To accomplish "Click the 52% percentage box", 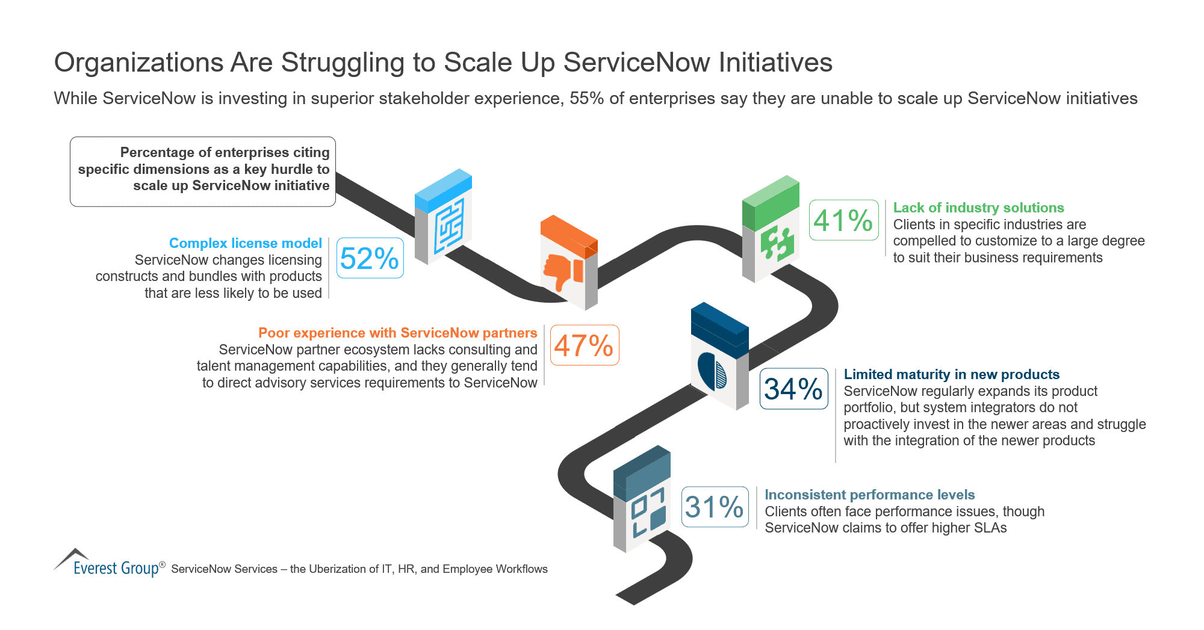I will [370, 258].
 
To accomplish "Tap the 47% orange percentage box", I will [584, 345].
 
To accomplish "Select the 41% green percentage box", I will [843, 220].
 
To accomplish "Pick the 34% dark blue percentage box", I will [793, 389].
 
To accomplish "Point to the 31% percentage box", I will [715, 507].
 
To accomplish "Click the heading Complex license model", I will [245, 243].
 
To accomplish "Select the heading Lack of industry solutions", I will [978, 208].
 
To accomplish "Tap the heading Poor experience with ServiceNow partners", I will [397, 333].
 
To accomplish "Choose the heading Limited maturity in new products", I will [951, 374].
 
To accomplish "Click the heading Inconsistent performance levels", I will [869, 495].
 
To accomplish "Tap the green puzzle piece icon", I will [777, 243].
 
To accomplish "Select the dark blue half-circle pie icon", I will [712, 372].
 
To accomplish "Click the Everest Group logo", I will [108, 564].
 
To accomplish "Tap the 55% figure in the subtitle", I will [586, 98].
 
